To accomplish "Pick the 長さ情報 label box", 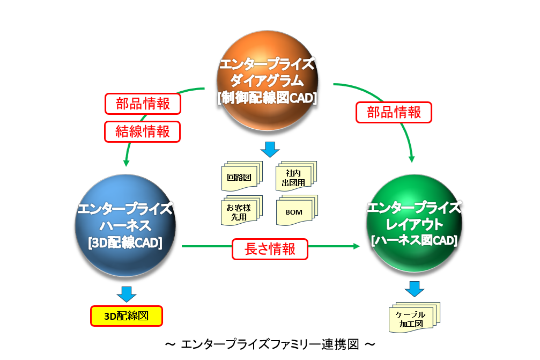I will pyautogui.click(x=270, y=249).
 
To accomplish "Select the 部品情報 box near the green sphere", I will pyautogui.click(x=394, y=112).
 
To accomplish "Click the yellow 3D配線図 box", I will pyautogui.click(x=126, y=315).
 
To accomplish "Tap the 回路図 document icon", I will pyautogui.click(x=240, y=178).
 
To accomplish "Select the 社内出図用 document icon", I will pyautogui.click(x=295, y=178).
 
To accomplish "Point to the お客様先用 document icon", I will pyautogui.click(x=240, y=211).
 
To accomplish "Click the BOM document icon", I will pyautogui.click(x=295, y=211).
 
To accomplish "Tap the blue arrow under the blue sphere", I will pyautogui.click(x=126, y=293).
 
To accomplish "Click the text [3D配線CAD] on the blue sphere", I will pyautogui.click(x=125, y=243).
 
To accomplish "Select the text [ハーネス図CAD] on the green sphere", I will pyautogui.click(x=413, y=241).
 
